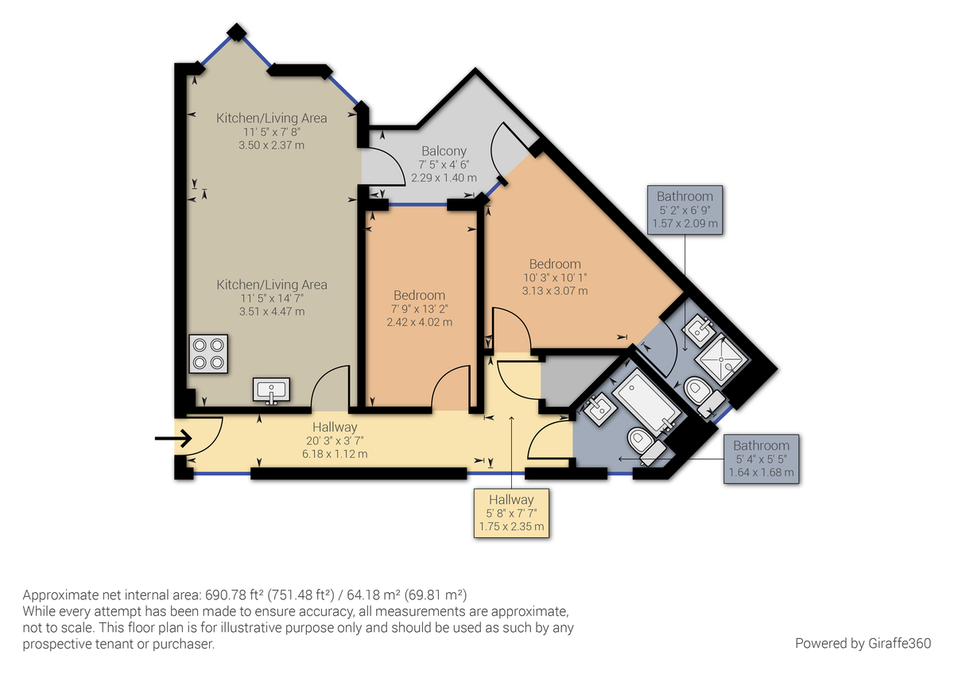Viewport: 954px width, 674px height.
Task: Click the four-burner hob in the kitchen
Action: coord(207,354)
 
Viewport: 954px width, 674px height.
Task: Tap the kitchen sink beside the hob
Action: coord(272,391)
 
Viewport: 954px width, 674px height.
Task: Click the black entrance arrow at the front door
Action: coord(173,438)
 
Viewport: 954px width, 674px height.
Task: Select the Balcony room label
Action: coord(444,151)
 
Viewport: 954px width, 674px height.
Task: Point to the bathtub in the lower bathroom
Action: coord(646,400)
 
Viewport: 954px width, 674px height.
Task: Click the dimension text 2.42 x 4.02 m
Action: coord(419,322)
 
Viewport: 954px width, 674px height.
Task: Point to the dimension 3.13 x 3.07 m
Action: coord(555,291)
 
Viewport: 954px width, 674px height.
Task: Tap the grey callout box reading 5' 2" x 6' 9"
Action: coord(684,210)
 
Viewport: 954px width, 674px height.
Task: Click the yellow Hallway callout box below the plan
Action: coord(511,513)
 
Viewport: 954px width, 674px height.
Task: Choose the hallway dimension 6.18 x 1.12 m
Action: coord(335,454)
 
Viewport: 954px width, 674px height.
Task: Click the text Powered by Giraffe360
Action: coord(863,642)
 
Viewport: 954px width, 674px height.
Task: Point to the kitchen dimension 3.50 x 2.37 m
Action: coord(271,145)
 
